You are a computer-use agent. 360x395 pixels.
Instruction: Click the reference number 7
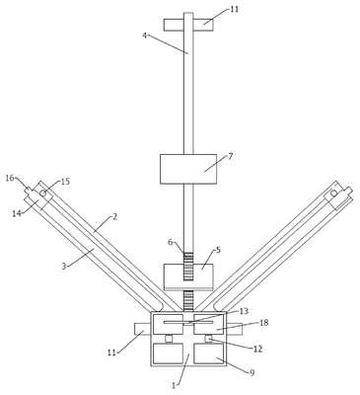point(230,156)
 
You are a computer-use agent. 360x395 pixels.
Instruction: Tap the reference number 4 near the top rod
point(145,35)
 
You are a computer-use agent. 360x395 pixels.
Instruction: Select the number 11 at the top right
point(234,9)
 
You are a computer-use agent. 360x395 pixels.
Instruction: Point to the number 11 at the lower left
point(112,353)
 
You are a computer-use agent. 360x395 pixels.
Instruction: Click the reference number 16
point(10,178)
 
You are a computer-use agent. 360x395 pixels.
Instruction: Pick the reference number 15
point(65,182)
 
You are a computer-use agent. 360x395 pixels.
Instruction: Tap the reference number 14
point(17,213)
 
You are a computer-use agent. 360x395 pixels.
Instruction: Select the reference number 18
point(264,323)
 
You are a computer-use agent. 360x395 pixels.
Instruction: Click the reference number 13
point(245,311)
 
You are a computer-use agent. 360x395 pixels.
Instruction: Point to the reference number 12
point(258,349)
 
